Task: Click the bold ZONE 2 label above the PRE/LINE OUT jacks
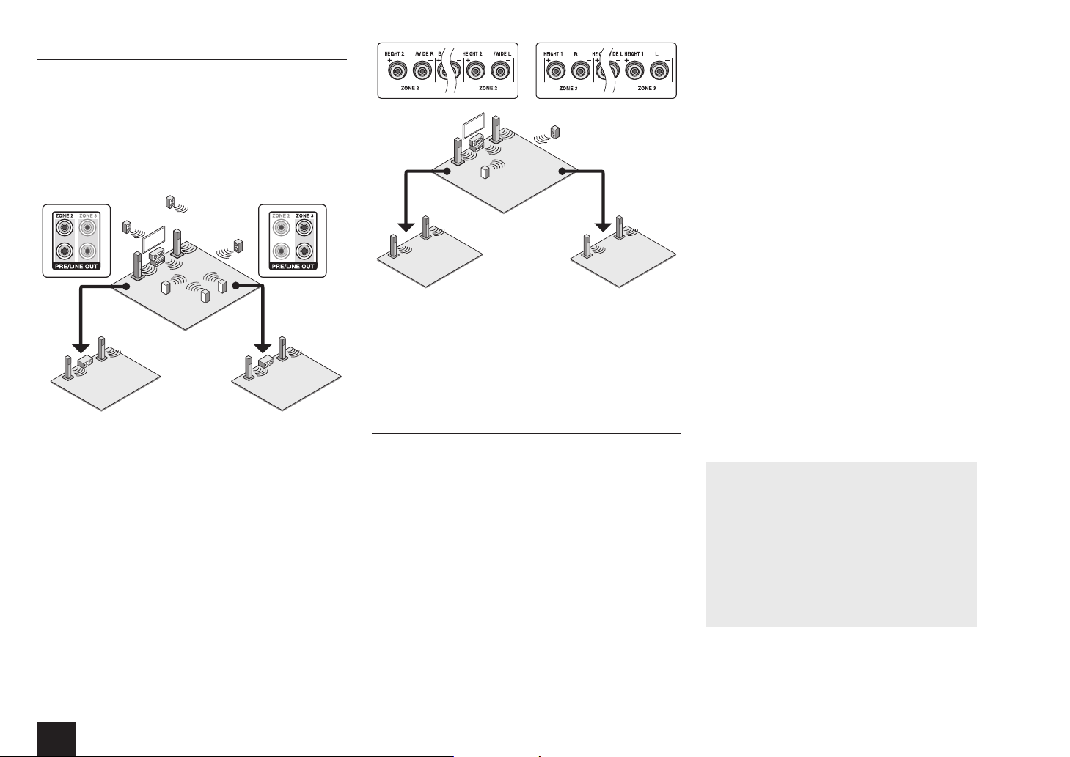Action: pos(63,216)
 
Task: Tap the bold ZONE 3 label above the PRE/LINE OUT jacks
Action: pos(304,216)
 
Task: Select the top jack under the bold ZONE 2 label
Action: pos(63,228)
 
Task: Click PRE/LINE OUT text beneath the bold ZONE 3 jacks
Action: pos(293,266)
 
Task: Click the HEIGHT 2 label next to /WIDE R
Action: pos(395,54)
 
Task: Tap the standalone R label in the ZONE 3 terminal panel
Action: pos(576,54)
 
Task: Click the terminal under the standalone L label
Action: pos(659,71)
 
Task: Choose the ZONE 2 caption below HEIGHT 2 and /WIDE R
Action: pos(408,89)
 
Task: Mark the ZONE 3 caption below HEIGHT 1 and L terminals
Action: pos(646,89)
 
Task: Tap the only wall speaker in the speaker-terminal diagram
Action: pos(555,133)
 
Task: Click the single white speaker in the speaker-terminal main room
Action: pos(484,173)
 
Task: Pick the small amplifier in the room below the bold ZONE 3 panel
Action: pos(266,361)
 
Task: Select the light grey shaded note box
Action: pos(840,544)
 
